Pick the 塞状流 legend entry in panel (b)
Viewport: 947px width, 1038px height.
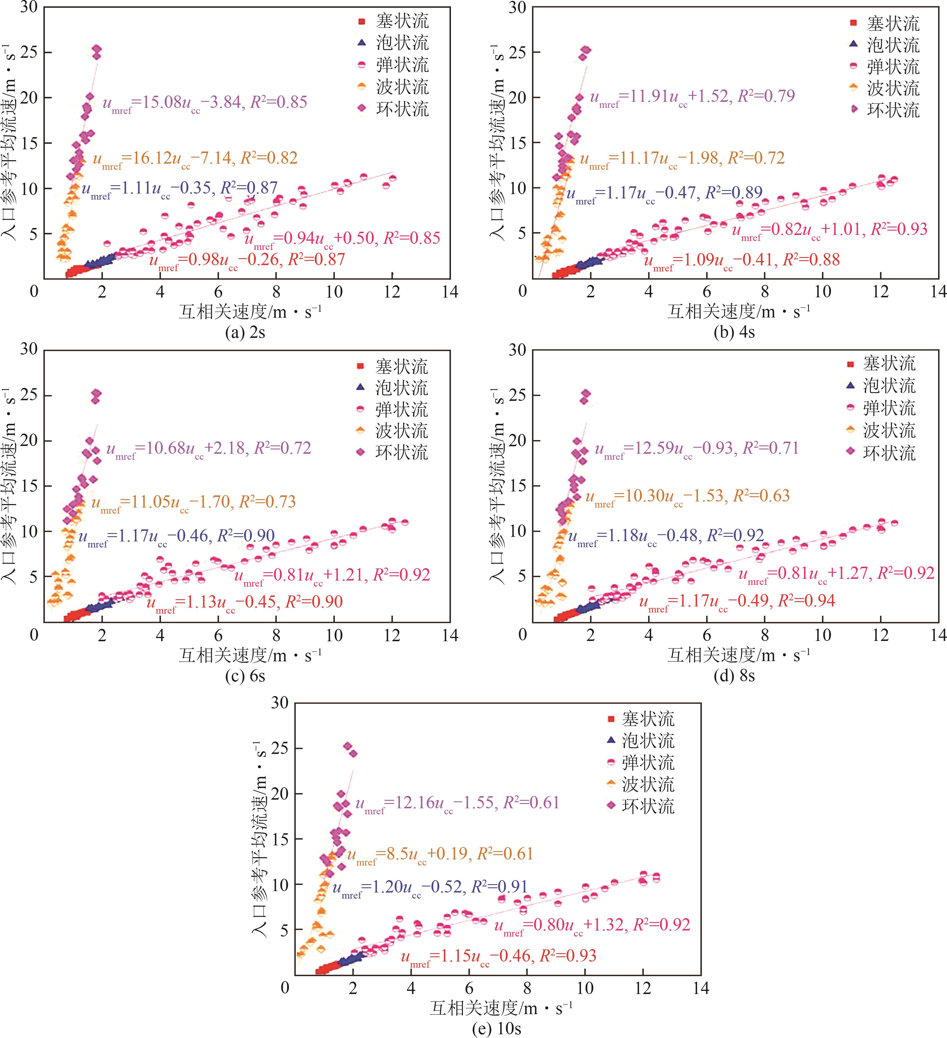(884, 23)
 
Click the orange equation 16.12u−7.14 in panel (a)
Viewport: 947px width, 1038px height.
(195, 159)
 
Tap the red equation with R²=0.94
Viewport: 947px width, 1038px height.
(737, 602)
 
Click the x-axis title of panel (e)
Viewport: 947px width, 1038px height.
(501, 1008)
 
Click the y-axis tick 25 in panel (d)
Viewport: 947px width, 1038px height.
(518, 395)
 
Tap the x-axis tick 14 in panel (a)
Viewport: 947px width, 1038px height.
(450, 292)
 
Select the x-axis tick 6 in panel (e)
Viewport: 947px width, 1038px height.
(469, 988)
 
